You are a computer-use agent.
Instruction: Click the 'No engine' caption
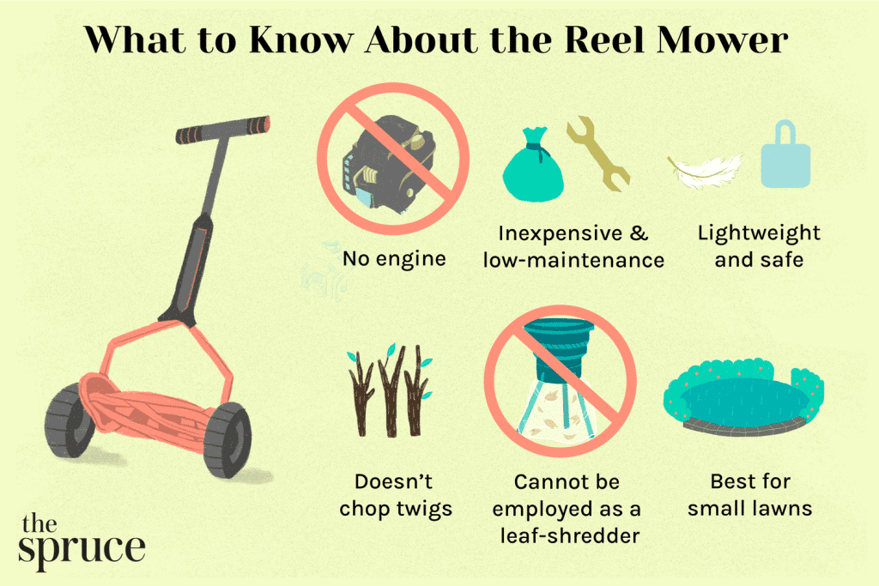pyautogui.click(x=394, y=257)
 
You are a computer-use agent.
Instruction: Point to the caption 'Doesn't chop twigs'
pyautogui.click(x=396, y=495)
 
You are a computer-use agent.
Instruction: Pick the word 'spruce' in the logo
pyautogui.click(x=82, y=547)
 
